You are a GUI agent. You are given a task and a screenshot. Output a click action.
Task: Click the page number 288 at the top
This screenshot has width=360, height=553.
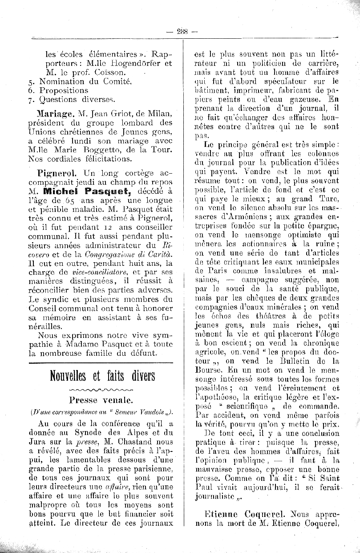(x=182, y=31)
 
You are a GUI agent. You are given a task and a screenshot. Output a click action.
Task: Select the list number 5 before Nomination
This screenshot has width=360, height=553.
(x=31, y=81)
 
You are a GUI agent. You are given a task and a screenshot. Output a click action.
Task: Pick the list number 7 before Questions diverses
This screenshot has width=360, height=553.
(x=31, y=100)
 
